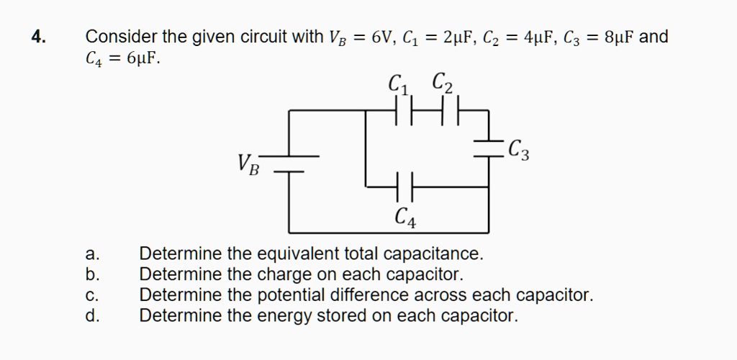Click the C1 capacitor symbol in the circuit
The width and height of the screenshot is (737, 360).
tap(404, 110)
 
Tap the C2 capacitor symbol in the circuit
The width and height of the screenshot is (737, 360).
tap(450, 110)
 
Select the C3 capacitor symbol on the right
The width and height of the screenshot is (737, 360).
tap(489, 148)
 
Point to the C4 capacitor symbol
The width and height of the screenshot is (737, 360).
tap(404, 187)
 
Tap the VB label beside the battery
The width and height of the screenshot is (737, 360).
tap(248, 164)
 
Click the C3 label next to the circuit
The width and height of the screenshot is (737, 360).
tap(519, 150)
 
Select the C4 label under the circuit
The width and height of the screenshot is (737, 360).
tap(406, 217)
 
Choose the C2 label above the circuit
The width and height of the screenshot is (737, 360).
tap(443, 84)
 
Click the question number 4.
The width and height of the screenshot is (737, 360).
tap(39, 37)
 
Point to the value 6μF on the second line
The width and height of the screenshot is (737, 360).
tap(143, 59)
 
